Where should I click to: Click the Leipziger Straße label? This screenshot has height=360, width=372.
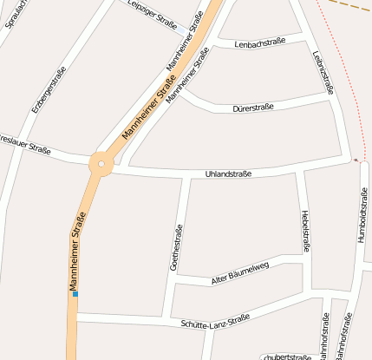click(152, 16)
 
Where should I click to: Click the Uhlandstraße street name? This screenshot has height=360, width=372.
click(228, 174)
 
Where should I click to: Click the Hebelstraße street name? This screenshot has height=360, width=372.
click(305, 230)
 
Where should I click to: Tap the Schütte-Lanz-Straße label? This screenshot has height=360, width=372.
click(215, 322)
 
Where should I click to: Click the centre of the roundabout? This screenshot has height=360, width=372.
click(101, 162)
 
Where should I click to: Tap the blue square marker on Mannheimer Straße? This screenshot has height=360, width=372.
click(75, 294)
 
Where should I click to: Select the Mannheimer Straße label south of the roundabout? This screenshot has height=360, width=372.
click(76, 251)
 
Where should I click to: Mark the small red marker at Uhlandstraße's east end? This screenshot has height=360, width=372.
click(356, 160)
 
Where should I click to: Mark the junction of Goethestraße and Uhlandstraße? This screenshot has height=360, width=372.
click(188, 177)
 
